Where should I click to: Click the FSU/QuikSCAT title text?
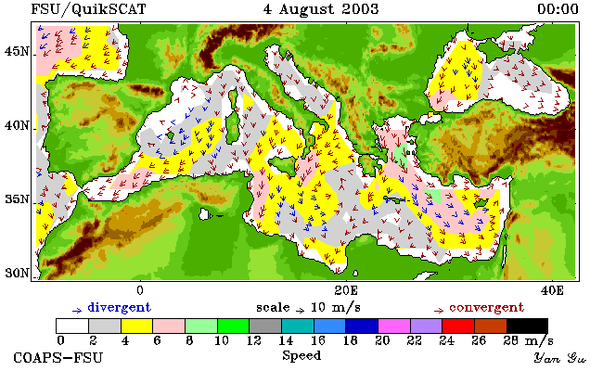pyautogui.click(x=88, y=9)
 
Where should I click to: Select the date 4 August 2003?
pyautogui.click(x=321, y=9)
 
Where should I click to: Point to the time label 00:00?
pyautogui.click(x=558, y=9)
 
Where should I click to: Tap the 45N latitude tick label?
pyautogui.click(x=17, y=51)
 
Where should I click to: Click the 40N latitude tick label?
pyautogui.click(x=17, y=125)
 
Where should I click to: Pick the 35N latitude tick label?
pyautogui.click(x=17, y=199)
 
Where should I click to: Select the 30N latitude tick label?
pyautogui.click(x=17, y=274)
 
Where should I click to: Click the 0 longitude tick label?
pyautogui.click(x=140, y=290)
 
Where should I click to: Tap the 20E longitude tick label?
pyautogui.click(x=346, y=290)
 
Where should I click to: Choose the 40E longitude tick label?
pyautogui.click(x=552, y=290)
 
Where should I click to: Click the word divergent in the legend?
pyautogui.click(x=120, y=308)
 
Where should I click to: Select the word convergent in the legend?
pyautogui.click(x=486, y=308)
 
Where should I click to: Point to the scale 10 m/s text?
pyautogui.click(x=308, y=308)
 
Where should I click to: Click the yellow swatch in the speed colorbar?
pyautogui.click(x=137, y=326)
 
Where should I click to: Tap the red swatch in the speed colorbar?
pyautogui.click(x=458, y=326)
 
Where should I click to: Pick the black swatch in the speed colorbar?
pyautogui.click(x=527, y=326)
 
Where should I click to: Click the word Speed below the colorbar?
pyautogui.click(x=301, y=356)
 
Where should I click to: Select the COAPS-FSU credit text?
pyautogui.click(x=58, y=357)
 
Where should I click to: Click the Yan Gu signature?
pyautogui.click(x=559, y=358)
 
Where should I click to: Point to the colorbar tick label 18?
pyautogui.click(x=350, y=340)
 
